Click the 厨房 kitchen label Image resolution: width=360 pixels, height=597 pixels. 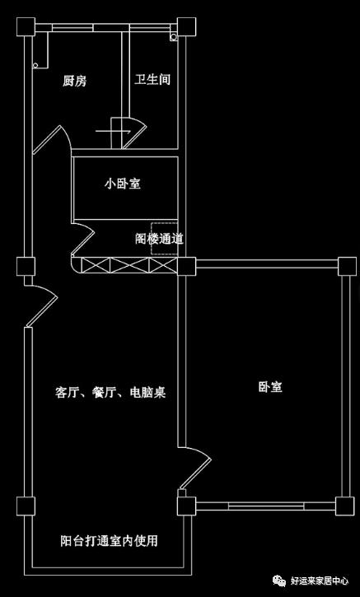click(x=75, y=81)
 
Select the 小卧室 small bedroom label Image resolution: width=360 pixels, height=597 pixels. click(x=121, y=184)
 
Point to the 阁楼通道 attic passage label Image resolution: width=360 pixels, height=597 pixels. click(x=159, y=240)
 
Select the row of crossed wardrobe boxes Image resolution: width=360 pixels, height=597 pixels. click(x=124, y=266)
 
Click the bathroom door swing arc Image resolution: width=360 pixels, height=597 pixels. click(x=132, y=132)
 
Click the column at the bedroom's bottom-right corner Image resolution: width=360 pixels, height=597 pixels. click(x=347, y=504)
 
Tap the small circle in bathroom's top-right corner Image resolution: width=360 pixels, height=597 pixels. click(x=173, y=36)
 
